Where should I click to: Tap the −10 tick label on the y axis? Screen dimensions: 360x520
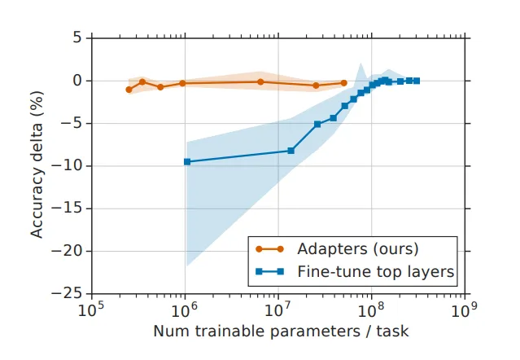(70, 165)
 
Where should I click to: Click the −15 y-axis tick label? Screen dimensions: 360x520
(70, 208)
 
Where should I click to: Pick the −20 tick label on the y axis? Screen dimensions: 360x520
(70, 250)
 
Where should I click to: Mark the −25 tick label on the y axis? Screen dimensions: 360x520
(70, 292)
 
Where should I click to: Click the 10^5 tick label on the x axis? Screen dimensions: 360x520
(90, 310)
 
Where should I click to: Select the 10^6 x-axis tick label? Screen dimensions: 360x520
(185, 310)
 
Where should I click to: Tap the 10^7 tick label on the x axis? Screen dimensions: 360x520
(278, 310)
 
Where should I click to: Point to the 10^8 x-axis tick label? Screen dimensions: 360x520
(372, 310)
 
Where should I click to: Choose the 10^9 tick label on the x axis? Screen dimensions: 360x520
(465, 310)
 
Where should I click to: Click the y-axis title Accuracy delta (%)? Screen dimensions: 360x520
(37, 165)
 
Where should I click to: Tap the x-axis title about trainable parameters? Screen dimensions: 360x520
(280, 332)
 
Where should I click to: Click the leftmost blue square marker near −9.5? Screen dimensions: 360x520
(187, 161)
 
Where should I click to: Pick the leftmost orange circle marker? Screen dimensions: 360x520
(129, 90)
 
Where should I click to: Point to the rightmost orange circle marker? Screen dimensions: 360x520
(343, 83)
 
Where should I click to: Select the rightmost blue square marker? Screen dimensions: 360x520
(416, 81)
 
